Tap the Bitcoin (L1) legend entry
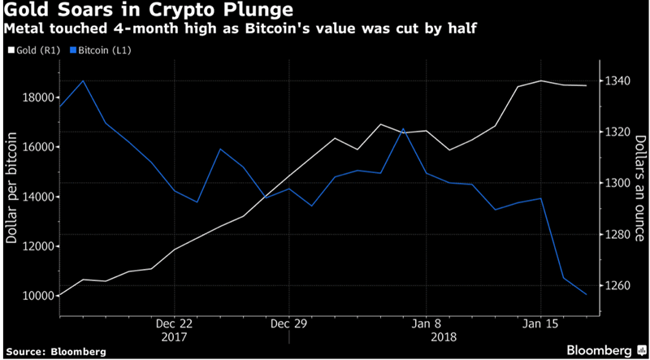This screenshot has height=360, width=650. tap(106, 50)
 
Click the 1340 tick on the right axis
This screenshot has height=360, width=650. tap(620, 80)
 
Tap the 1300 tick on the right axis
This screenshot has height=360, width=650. tap(620, 183)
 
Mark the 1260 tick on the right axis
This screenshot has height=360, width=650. tap(620, 286)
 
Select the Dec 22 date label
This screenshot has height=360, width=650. tap(174, 323)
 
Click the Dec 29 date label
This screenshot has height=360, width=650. tap(290, 323)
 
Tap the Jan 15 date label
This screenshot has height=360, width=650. tap(540, 323)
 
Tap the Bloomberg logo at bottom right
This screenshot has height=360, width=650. tap(601, 349)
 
